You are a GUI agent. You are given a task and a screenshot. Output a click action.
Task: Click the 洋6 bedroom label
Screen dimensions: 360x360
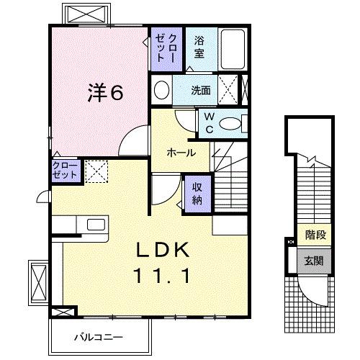tap(106, 93)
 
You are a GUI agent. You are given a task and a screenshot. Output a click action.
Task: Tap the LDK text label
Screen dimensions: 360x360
tap(162, 250)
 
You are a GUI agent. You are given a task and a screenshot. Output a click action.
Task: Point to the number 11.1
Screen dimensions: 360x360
tap(162, 276)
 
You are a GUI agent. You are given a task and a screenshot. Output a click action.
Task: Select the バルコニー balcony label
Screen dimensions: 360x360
tap(99, 337)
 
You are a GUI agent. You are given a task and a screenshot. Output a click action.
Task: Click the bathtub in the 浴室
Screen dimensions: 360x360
tap(233, 49)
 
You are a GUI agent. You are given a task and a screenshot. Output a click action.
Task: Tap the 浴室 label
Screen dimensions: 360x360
tap(199, 47)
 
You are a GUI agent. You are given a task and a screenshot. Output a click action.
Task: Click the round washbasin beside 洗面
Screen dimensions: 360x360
tap(161, 90)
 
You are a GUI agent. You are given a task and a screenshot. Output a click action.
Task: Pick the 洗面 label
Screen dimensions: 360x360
tap(201, 90)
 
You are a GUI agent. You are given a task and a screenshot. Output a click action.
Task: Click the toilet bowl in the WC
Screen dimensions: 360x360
tap(230, 124)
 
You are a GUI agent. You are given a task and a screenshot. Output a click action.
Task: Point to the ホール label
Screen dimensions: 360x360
tap(181, 153)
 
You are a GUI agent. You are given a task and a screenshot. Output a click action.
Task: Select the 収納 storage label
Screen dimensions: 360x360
tap(197, 194)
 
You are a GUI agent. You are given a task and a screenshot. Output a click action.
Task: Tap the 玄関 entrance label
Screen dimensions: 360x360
tap(314, 261)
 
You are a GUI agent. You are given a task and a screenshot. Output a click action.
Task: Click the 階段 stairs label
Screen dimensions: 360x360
tap(315, 235)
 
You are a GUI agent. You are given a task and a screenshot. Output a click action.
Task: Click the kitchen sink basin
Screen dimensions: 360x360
tap(96, 225)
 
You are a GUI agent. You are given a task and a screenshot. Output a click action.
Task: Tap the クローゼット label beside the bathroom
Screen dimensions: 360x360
tap(166, 48)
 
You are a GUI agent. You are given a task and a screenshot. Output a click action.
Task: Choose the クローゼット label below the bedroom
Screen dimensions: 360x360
tap(65, 170)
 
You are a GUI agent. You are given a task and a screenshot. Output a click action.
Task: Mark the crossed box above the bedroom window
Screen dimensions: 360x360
tap(86, 14)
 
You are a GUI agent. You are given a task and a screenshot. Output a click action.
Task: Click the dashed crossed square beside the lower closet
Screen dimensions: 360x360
tap(96, 171)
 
